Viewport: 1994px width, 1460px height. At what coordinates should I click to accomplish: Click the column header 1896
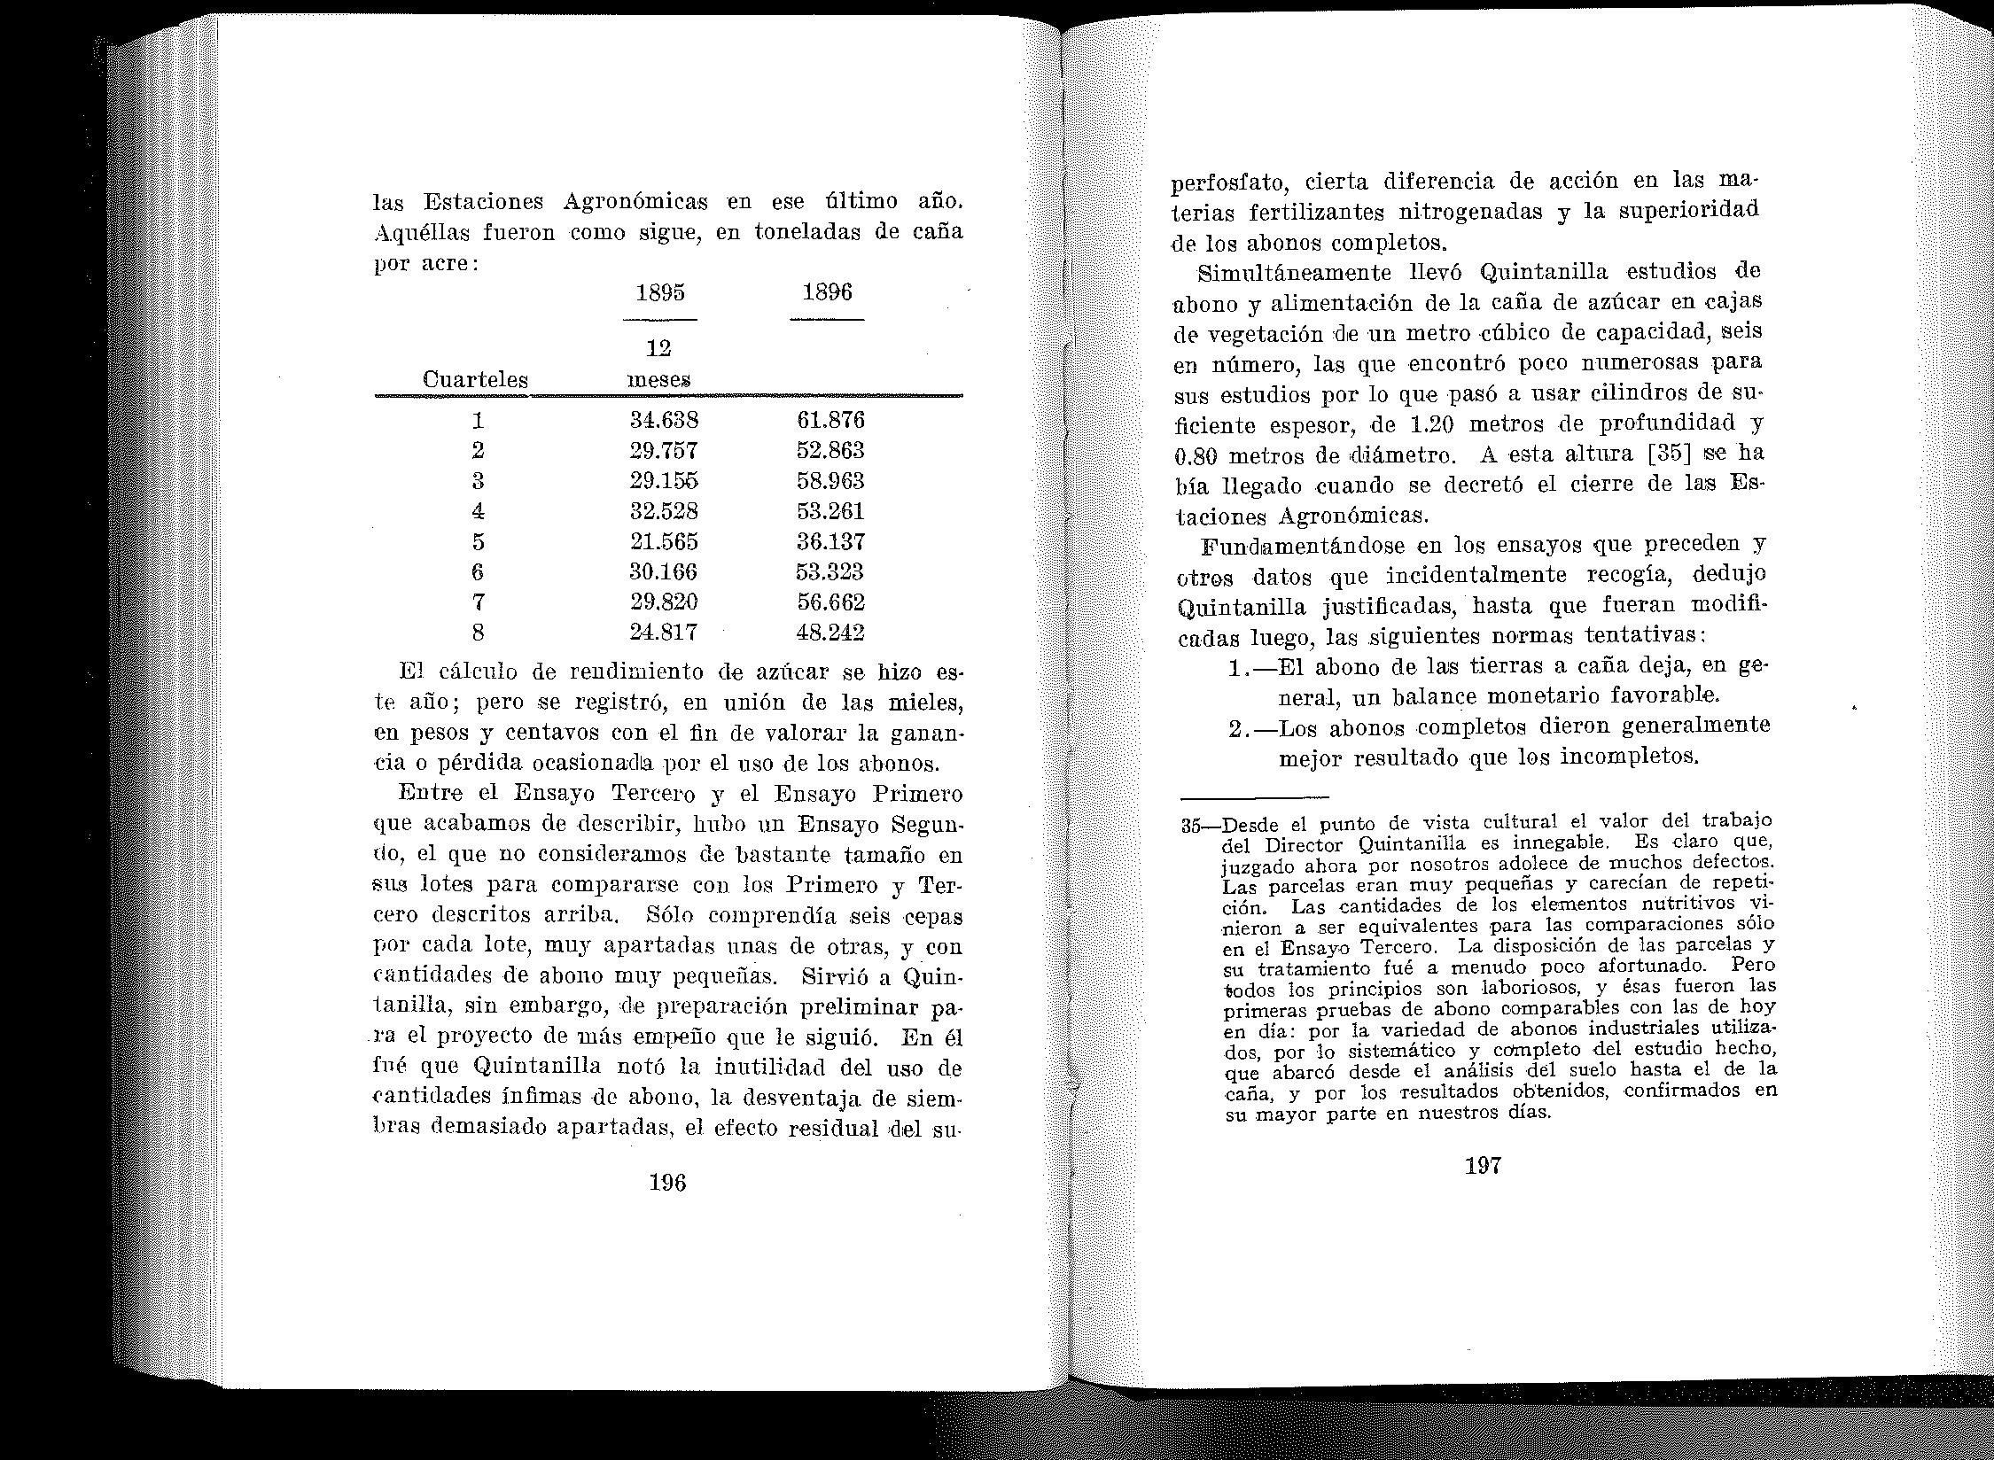point(827,292)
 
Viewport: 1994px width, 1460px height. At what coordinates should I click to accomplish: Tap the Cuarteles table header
point(475,380)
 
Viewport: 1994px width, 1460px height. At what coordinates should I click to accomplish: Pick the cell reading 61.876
point(830,420)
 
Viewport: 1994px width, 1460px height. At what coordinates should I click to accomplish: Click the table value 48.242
point(830,633)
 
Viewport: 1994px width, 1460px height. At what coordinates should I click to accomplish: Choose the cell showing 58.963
point(830,481)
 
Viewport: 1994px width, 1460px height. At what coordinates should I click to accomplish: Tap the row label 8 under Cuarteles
point(477,633)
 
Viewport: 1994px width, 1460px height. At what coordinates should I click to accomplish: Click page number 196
point(667,1183)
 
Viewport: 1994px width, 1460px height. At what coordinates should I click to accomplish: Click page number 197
point(1483,1166)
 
